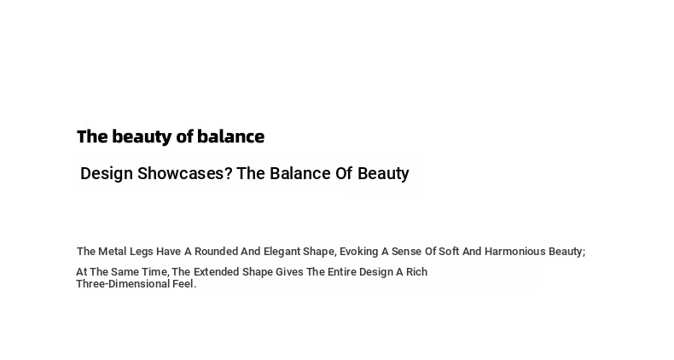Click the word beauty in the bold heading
142,137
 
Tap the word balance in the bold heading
231,136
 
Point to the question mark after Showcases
229,173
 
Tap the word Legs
142,253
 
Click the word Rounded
216,252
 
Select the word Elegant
282,253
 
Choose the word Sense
407,252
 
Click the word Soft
449,252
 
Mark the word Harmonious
515,252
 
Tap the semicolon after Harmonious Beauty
584,253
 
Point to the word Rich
416,272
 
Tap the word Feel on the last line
183,284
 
